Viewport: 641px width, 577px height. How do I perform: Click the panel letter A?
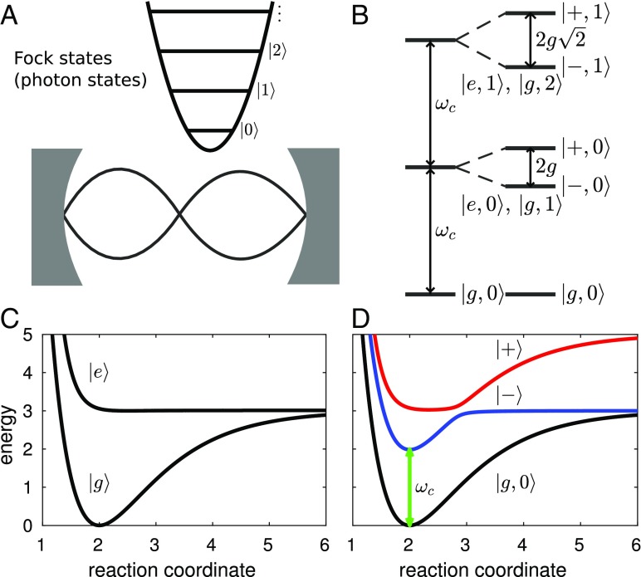(x=12, y=14)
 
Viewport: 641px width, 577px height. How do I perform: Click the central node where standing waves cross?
(x=184, y=214)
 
